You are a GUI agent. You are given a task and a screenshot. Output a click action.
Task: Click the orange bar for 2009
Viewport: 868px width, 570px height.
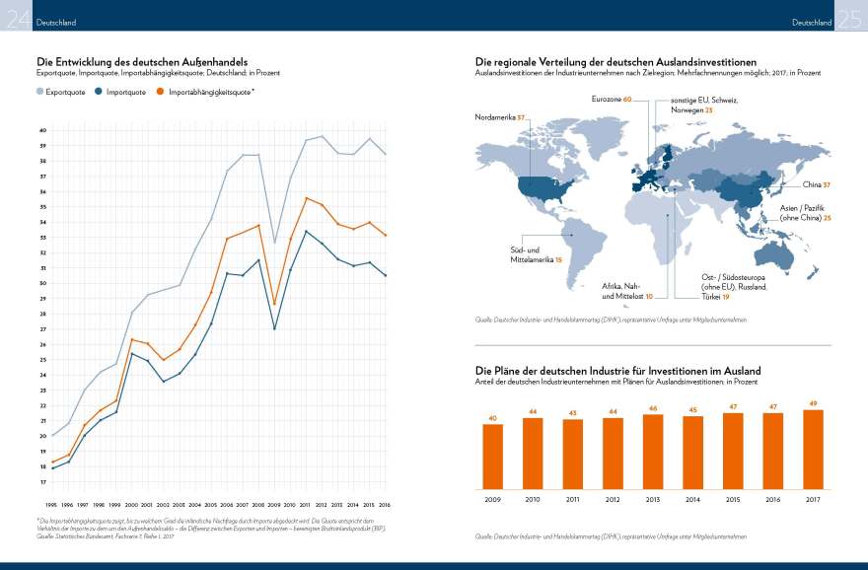(493, 457)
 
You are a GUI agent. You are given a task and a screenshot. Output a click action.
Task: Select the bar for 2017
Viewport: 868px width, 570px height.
(813, 450)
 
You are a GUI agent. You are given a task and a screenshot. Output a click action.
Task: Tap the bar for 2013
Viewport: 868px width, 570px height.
(653, 452)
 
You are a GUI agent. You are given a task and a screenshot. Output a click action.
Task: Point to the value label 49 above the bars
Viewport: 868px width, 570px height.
(813, 403)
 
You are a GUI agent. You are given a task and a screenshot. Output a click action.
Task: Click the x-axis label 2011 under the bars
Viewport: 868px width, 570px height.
(573, 500)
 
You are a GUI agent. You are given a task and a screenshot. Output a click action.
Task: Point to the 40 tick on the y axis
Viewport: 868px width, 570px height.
(42, 130)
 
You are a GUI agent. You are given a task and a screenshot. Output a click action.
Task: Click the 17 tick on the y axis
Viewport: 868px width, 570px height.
(42, 482)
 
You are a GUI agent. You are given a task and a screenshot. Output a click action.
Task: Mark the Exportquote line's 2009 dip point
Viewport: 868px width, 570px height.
(274, 242)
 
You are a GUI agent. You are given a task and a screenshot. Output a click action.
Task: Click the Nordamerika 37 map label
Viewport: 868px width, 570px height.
(499, 117)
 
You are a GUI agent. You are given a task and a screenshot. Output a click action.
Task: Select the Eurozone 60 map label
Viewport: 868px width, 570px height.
(612, 99)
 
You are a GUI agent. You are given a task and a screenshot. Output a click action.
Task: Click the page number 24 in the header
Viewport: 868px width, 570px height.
(16, 18)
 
